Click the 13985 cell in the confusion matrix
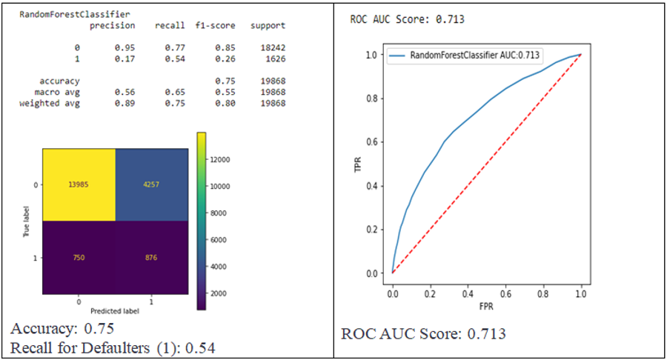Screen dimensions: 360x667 78,184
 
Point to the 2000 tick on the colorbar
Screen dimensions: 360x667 220,295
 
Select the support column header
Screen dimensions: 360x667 268,26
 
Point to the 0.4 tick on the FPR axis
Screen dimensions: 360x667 468,294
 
